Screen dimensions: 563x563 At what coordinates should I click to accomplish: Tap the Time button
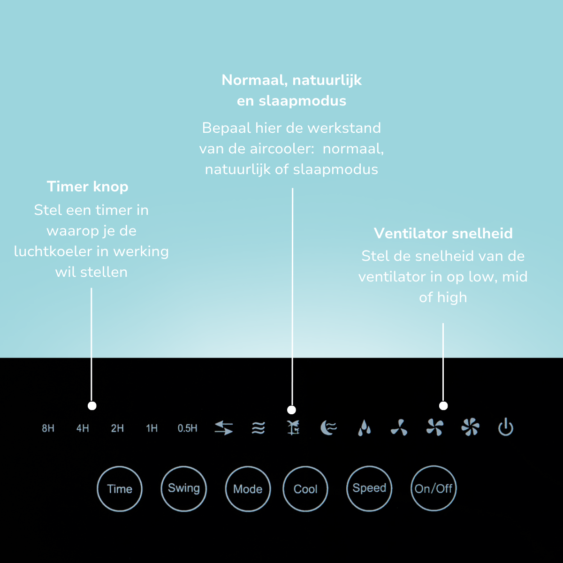[x=120, y=489]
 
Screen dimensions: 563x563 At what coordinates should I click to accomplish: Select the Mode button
[x=248, y=489]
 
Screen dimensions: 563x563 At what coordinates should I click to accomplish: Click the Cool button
[x=305, y=489]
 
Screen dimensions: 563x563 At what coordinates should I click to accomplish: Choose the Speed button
[x=369, y=488]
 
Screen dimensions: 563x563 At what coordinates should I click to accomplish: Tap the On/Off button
[x=434, y=488]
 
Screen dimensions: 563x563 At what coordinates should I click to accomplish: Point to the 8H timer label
[x=48, y=428]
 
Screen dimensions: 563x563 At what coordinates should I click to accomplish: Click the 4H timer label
[x=83, y=428]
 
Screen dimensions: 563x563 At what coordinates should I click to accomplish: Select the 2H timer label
[x=117, y=428]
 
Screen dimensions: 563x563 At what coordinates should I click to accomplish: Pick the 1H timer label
[x=152, y=428]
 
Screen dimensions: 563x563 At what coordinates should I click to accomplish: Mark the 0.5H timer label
[x=188, y=428]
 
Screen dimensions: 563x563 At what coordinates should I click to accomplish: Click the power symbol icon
[x=506, y=427]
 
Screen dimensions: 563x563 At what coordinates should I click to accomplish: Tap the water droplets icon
[x=365, y=428]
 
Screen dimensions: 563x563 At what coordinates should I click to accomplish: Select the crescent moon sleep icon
[x=328, y=428]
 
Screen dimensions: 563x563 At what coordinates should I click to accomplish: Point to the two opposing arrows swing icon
[x=224, y=428]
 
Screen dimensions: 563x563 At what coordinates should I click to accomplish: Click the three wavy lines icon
[x=258, y=428]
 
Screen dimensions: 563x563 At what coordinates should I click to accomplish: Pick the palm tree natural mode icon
[x=293, y=428]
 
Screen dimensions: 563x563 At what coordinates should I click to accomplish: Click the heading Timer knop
[x=88, y=187]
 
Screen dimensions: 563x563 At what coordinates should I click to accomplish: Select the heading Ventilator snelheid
[x=443, y=234]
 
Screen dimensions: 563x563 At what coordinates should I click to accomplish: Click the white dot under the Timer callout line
[x=92, y=406]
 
